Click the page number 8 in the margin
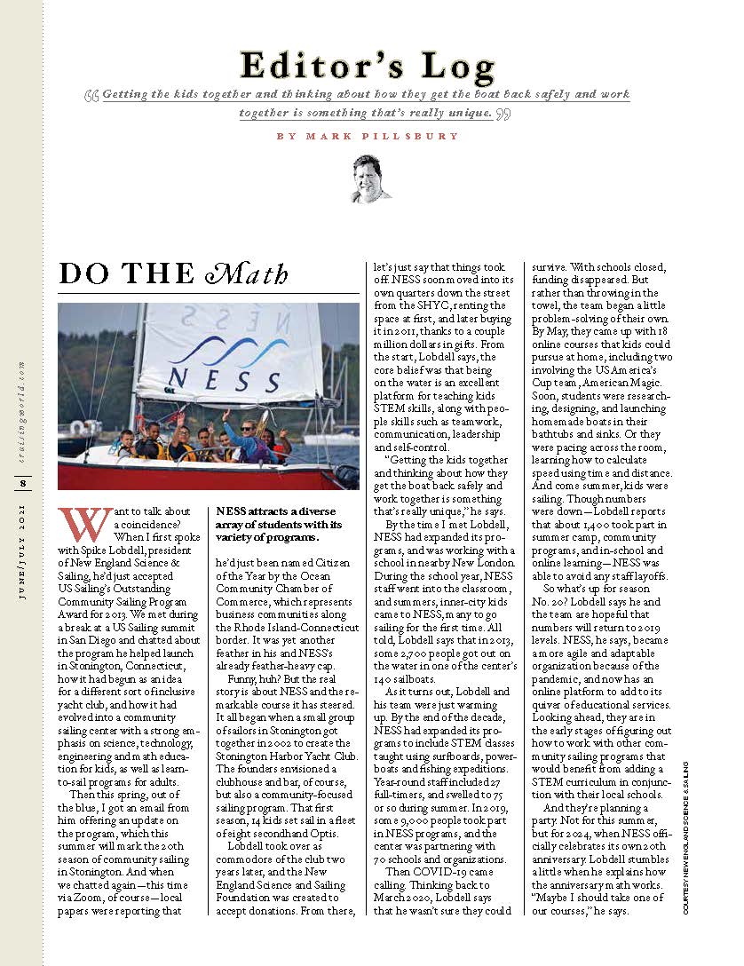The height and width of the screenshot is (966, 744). [24, 483]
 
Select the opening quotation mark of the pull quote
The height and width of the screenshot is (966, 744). [92, 94]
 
